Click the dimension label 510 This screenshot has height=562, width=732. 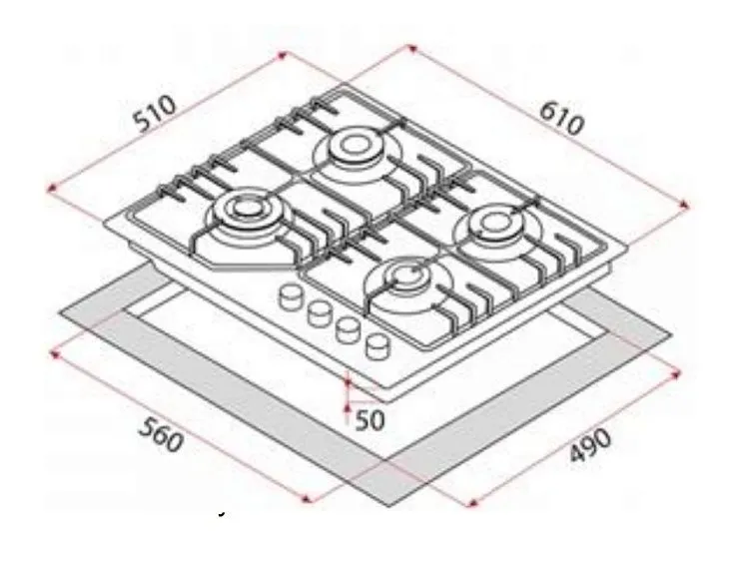coord(156,114)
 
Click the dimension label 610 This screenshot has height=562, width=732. coord(561,118)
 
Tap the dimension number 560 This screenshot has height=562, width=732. coord(161,435)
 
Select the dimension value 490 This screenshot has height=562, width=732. coord(590,445)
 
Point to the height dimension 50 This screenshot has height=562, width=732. coord(369,420)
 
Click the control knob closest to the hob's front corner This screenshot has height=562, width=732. coord(378,347)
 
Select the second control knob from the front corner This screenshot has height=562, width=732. coord(349,330)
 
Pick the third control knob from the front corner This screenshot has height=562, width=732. coord(320,312)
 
